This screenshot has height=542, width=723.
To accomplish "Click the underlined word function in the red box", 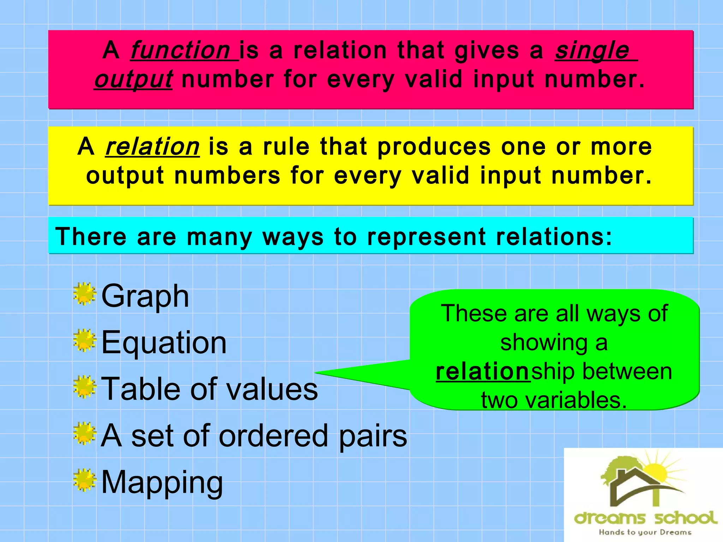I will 181,50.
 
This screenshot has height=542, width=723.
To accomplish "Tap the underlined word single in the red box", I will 592,50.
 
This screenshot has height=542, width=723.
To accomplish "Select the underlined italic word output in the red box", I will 133,79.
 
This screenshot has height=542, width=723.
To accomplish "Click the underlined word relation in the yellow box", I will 153,146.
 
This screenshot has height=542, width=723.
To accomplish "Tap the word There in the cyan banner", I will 91,236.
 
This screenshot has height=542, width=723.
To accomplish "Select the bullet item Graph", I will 145,296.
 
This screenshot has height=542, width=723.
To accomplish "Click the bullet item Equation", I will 164,343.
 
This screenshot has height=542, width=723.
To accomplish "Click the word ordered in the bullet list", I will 274,436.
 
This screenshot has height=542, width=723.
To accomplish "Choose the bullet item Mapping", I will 162,482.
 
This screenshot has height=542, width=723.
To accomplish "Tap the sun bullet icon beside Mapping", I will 85,480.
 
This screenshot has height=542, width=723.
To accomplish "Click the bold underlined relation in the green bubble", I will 483,372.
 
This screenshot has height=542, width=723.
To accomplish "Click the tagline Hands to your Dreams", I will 645,532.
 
